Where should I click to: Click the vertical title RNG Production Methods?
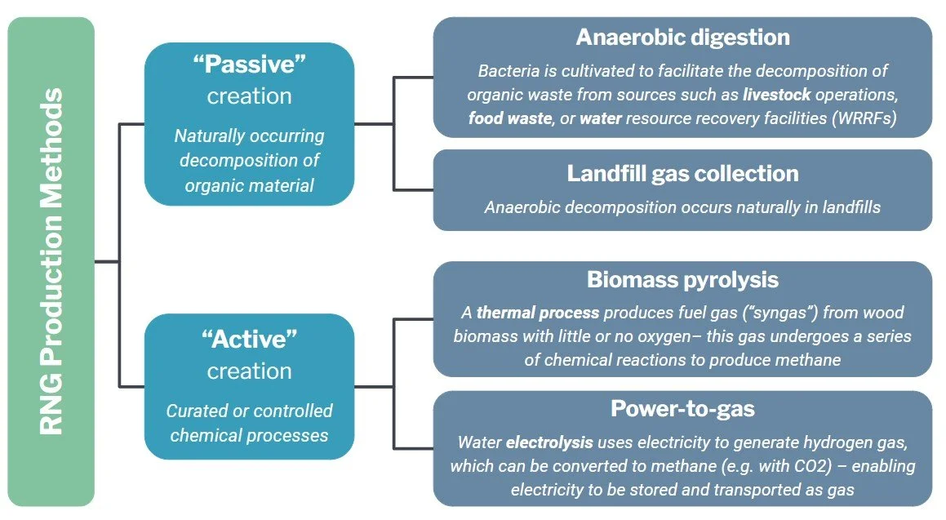[x=51, y=261]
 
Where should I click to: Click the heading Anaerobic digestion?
[x=682, y=38]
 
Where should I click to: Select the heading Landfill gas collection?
[x=682, y=174]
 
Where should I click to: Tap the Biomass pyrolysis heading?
[x=682, y=280]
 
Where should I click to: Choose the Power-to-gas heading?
[x=682, y=408]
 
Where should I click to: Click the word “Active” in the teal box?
[x=249, y=340]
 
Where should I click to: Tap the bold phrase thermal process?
[x=538, y=313]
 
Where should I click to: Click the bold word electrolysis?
[x=550, y=443]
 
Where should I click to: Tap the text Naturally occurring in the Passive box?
[x=249, y=136]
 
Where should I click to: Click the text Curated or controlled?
[x=249, y=411]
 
